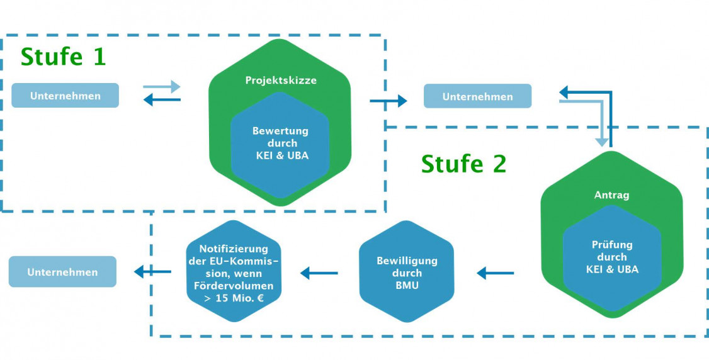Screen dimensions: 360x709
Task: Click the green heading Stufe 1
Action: pyautogui.click(x=64, y=57)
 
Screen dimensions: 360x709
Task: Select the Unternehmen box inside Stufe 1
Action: pyautogui.click(x=65, y=96)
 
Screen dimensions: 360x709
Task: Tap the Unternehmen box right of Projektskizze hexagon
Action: pyautogui.click(x=477, y=96)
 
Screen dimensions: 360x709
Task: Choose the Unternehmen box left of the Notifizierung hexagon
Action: pyautogui.click(x=62, y=272)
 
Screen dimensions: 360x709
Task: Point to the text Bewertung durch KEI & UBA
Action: pyautogui.click(x=280, y=143)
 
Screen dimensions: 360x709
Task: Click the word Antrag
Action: pyautogui.click(x=611, y=195)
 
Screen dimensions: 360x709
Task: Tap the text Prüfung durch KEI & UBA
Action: pyautogui.click(x=611, y=257)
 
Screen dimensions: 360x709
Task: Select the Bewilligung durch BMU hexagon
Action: pyautogui.click(x=406, y=273)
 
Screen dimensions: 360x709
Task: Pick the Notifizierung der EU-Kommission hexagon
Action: pyautogui.click(x=234, y=272)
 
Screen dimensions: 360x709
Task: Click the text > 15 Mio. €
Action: pyautogui.click(x=234, y=300)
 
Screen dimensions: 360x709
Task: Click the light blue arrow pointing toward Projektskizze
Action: pyautogui.click(x=162, y=86)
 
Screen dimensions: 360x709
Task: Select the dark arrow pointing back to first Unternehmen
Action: pyautogui.click(x=162, y=99)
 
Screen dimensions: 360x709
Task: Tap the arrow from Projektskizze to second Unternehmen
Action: pyautogui.click(x=388, y=99)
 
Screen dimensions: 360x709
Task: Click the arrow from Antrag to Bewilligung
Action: pyautogui.click(x=496, y=273)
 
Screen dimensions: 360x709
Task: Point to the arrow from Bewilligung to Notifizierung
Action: pyautogui.click(x=319, y=273)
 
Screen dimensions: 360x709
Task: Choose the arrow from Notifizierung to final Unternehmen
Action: pyautogui.click(x=152, y=272)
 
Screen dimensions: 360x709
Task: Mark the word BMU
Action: pyautogui.click(x=406, y=285)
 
